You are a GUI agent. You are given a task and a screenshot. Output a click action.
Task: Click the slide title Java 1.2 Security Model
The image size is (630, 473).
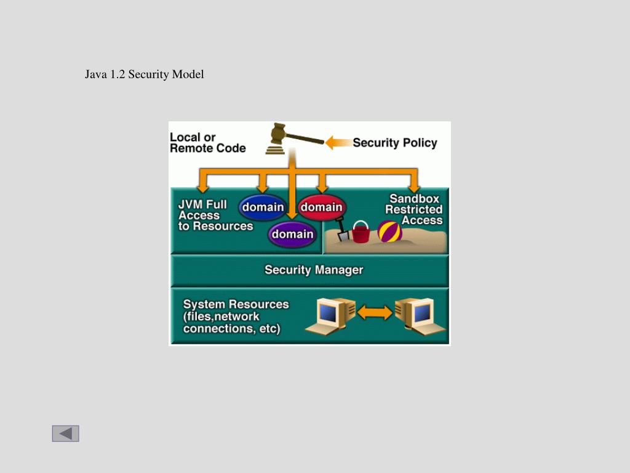[x=145, y=75]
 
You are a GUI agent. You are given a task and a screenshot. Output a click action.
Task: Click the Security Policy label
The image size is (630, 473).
[x=394, y=143]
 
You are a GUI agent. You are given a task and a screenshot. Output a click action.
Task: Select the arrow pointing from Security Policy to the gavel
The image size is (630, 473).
[x=337, y=143]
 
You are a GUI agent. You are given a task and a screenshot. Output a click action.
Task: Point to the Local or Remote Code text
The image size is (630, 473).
[x=207, y=143]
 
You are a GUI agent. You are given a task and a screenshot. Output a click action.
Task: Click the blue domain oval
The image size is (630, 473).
[x=263, y=208]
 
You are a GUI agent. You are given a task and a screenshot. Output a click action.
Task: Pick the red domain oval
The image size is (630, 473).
[x=321, y=208]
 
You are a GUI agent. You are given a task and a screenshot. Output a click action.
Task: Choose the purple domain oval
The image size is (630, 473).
[x=292, y=235]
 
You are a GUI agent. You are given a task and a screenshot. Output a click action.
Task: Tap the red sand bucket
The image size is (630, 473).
[x=361, y=232]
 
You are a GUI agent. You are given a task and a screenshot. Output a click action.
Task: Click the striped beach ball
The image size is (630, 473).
[x=389, y=232]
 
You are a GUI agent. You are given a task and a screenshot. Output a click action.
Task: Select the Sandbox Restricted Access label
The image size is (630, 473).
[x=414, y=209]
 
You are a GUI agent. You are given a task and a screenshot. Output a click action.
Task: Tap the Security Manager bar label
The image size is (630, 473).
[x=314, y=270]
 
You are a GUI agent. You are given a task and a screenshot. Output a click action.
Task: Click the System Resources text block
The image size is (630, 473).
[x=236, y=316]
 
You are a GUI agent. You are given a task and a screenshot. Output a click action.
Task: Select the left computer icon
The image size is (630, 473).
[x=335, y=315]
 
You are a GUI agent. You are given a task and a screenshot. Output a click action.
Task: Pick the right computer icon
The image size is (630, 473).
[x=420, y=315]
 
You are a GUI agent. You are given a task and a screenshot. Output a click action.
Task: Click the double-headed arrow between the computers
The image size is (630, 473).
[x=375, y=313]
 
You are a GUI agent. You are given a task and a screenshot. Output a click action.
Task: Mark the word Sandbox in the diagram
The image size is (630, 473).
[x=415, y=199]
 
